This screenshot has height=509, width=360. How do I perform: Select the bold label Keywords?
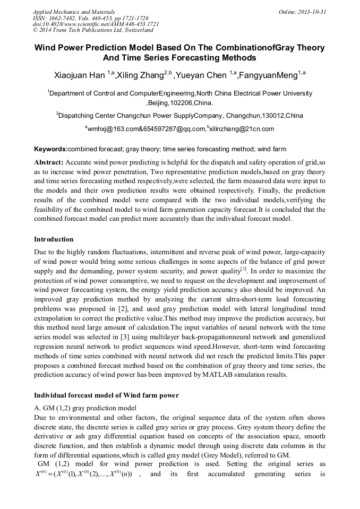click(51, 149)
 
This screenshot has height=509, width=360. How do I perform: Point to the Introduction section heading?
click(54, 239)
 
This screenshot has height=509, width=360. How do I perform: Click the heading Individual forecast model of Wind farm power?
click(106, 395)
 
